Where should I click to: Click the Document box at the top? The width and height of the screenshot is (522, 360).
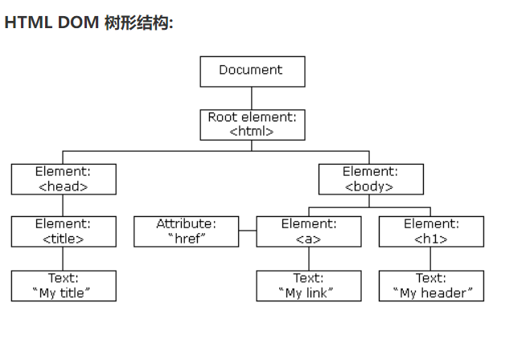tap(252, 71)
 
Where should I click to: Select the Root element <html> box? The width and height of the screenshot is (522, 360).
tap(252, 125)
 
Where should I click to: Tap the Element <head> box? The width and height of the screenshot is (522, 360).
tap(64, 178)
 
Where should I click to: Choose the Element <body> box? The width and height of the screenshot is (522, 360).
tap(370, 178)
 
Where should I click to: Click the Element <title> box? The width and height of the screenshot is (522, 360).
tap(64, 231)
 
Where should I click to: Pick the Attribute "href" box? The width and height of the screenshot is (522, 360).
tap(186, 231)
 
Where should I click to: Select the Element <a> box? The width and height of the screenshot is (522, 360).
tap(309, 231)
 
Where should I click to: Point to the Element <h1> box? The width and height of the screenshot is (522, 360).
tap(431, 231)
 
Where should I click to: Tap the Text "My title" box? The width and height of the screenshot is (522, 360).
tap(64, 286)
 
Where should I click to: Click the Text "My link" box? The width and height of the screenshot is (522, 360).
tap(309, 286)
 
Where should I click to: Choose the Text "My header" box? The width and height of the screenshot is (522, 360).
tap(431, 286)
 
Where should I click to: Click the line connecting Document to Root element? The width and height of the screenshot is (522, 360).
tap(252, 98)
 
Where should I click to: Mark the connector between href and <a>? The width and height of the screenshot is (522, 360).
tap(248, 231)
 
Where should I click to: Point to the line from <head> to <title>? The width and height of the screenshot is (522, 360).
tap(64, 205)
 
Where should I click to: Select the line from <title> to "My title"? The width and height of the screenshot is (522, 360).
tap(64, 259)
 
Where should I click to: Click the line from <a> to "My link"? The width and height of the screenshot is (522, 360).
tap(309, 259)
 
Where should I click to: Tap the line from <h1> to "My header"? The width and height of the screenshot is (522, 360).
tap(431, 259)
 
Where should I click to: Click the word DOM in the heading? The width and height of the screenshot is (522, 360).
tap(78, 22)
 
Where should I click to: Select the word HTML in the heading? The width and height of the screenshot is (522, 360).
tap(28, 22)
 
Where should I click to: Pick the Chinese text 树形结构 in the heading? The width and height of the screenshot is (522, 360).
tap(138, 22)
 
